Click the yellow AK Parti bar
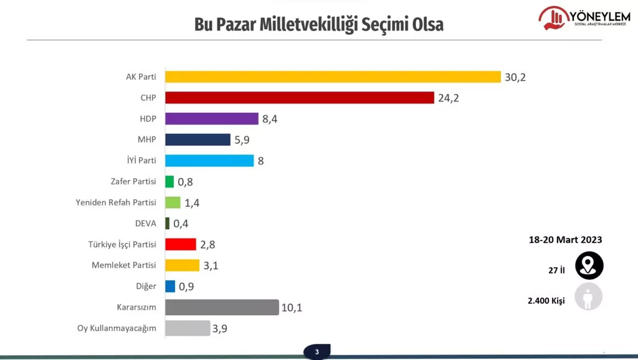[x=333, y=77]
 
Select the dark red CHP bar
[x=300, y=98]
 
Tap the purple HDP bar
[x=212, y=118]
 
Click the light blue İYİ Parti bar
[x=210, y=161]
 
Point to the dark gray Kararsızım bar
[x=222, y=307]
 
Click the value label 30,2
[x=517, y=77]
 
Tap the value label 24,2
[x=449, y=98]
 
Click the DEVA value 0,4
[x=181, y=224]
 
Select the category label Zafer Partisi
[x=133, y=182]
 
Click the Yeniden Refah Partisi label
[x=116, y=202]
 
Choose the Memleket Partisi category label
[x=124, y=265]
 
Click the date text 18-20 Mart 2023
[x=565, y=240]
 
